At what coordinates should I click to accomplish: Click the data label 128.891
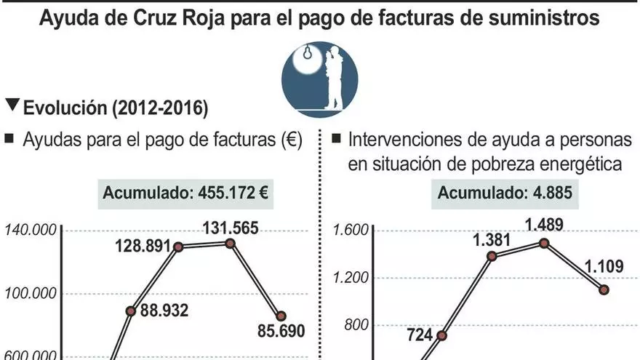143,245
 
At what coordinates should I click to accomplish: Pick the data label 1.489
543,225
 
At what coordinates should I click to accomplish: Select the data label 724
420,335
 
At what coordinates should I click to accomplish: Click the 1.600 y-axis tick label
350,231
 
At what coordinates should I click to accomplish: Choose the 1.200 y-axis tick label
350,278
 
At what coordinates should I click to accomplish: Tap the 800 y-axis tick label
355,325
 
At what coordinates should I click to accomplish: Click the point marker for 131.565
230,243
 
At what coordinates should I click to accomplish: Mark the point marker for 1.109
604,289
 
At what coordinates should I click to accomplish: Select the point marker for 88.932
131,311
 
